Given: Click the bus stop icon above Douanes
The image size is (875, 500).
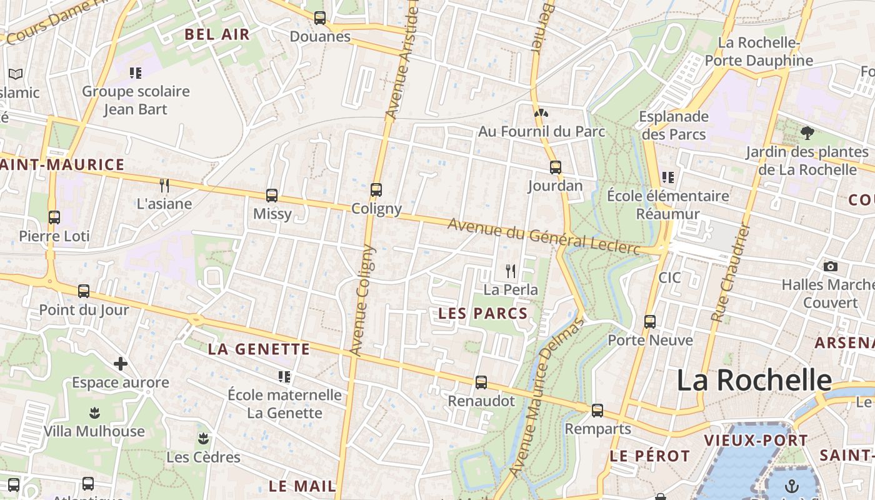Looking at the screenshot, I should [x=320, y=18].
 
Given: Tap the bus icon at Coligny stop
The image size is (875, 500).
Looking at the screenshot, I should [x=376, y=189].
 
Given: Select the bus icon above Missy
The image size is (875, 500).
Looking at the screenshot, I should [x=272, y=195].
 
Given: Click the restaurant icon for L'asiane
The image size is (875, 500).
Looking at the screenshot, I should [x=164, y=185].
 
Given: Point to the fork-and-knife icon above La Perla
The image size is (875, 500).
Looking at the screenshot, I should [x=511, y=271].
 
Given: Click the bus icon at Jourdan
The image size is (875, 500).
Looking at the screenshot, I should [x=555, y=167].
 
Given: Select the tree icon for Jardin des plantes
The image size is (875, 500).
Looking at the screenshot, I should [x=807, y=132].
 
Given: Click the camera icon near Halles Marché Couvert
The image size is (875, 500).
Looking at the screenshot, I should [x=830, y=266].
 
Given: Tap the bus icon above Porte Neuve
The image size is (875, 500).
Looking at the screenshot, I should [x=650, y=321].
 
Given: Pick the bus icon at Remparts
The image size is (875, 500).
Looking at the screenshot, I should [x=597, y=411].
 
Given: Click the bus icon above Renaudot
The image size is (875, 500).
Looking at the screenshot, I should [x=481, y=382].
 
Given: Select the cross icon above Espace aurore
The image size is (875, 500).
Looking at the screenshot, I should [x=120, y=364].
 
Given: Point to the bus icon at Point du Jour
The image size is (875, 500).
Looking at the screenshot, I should [x=84, y=291].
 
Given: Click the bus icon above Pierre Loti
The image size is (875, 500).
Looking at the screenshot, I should [x=54, y=217].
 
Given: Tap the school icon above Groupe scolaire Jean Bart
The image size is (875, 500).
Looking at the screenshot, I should [x=136, y=73].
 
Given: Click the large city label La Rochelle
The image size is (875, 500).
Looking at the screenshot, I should [x=754, y=380].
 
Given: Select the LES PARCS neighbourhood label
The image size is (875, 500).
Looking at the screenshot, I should [x=483, y=313].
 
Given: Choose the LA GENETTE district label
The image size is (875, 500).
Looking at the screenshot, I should [x=259, y=349].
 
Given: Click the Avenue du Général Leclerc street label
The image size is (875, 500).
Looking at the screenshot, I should [x=544, y=236].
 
